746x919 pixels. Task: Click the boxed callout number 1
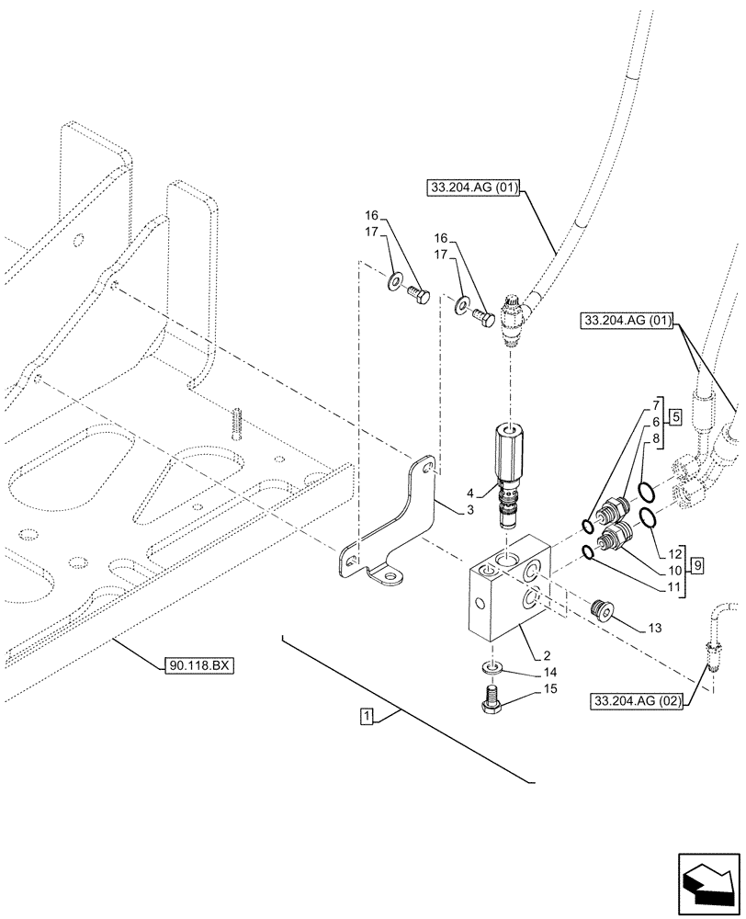click(367, 716)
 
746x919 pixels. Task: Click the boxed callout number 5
click(674, 415)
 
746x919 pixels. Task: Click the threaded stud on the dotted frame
click(236, 423)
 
